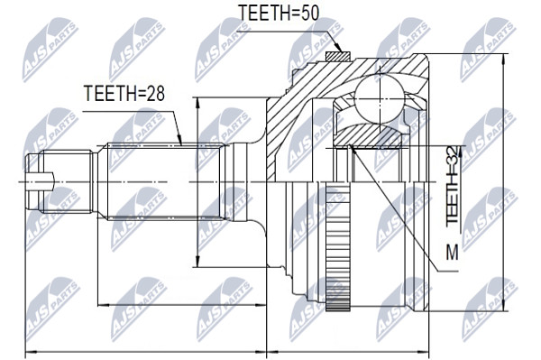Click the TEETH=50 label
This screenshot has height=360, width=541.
(x=279, y=14)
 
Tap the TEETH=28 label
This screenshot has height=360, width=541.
(x=124, y=93)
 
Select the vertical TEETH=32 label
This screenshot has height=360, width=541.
(x=452, y=185)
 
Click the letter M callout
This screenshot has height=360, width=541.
(x=452, y=252)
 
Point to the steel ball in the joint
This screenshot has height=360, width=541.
(x=380, y=100)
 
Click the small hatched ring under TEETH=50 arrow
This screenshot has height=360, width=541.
(x=338, y=57)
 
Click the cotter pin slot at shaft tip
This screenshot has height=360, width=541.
(x=41, y=181)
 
